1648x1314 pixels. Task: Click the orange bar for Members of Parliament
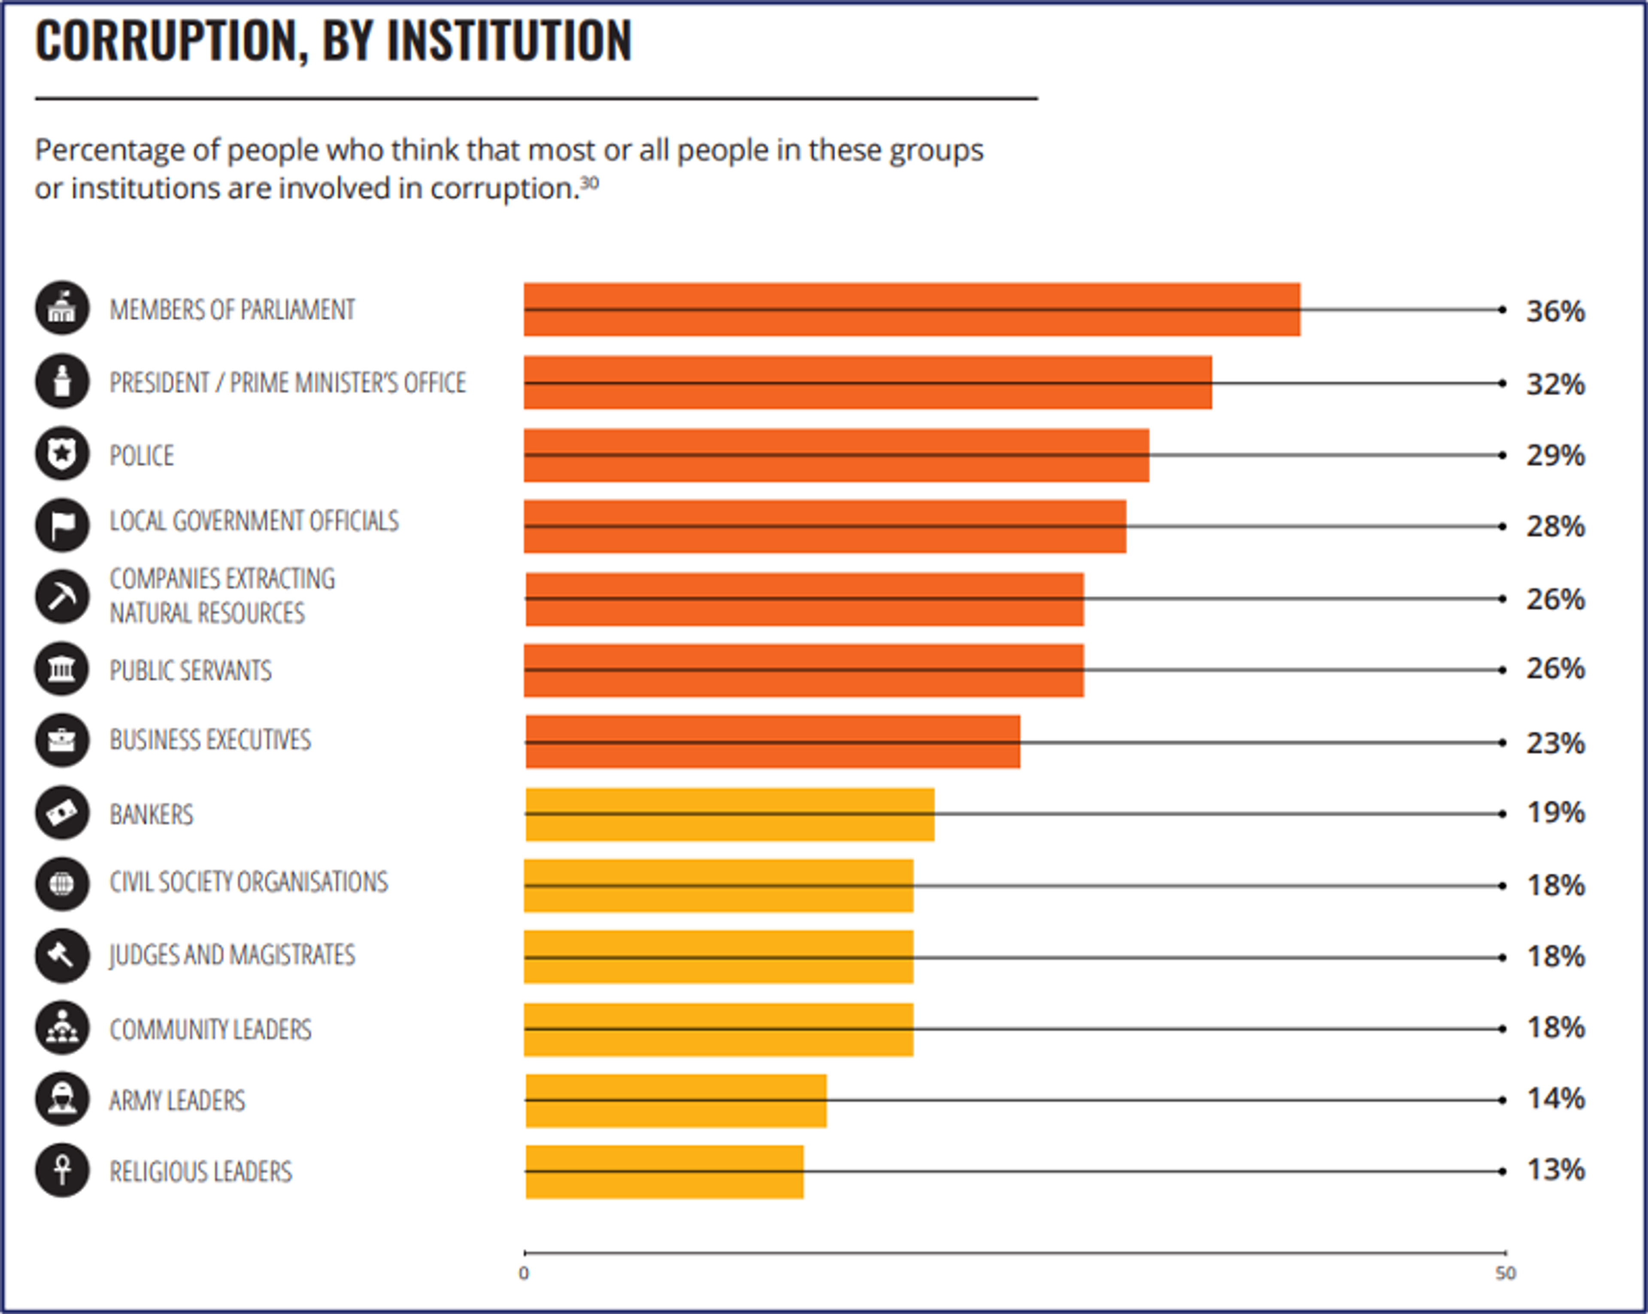click(x=911, y=309)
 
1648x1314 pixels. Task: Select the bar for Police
click(x=836, y=456)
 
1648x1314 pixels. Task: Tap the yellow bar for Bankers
click(x=729, y=814)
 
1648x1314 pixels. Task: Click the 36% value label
click(x=1555, y=311)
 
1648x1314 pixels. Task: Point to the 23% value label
click(x=1555, y=743)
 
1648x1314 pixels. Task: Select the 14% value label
click(x=1555, y=1099)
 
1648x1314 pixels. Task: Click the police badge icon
click(x=62, y=454)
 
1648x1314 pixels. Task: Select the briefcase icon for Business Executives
click(x=62, y=740)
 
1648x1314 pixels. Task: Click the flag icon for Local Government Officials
click(x=62, y=525)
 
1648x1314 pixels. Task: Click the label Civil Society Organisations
click(x=248, y=882)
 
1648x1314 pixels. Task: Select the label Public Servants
click(x=190, y=670)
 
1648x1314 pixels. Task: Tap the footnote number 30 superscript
click(x=589, y=183)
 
